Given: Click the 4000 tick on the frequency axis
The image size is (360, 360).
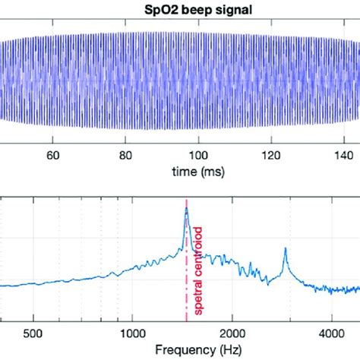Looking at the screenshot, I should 332,333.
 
